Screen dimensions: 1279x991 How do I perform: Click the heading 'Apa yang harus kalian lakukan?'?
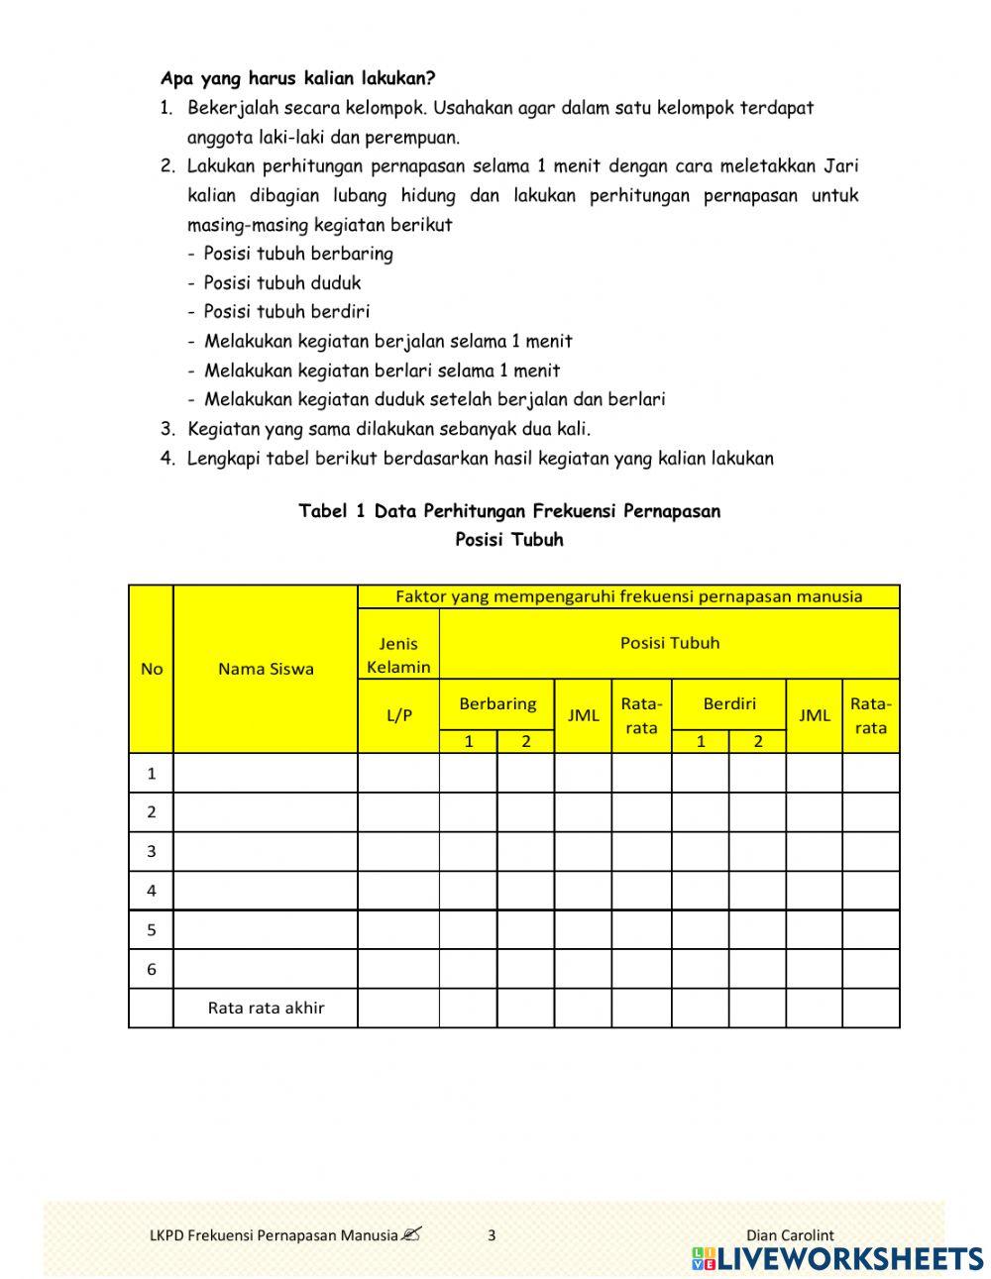[297, 77]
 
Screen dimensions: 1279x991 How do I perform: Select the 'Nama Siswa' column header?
[266, 669]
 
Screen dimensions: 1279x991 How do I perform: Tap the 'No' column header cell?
[152, 669]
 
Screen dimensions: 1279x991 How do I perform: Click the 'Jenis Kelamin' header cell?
[398, 655]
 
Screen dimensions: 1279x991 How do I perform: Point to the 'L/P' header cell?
[398, 715]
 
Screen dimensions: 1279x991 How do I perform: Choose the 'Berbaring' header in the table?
[497, 703]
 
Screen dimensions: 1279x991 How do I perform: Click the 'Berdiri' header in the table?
[729, 703]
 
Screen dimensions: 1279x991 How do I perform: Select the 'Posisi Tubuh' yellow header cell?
[670, 643]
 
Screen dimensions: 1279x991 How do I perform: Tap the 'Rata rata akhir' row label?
[266, 1008]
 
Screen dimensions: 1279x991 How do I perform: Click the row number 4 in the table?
[152, 891]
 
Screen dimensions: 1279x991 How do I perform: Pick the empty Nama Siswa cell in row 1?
[266, 773]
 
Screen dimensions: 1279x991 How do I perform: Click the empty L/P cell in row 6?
[398, 969]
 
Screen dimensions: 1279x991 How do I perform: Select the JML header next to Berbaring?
[583, 715]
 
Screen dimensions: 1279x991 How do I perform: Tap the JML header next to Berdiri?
[815, 715]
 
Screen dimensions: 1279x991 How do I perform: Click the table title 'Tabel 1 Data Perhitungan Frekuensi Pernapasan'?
[509, 511]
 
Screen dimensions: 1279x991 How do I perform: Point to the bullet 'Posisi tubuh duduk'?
[282, 282]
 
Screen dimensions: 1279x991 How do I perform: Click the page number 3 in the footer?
[492, 1234]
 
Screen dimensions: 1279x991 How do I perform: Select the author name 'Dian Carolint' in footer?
[790, 1234]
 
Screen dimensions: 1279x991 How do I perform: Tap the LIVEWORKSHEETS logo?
[837, 1258]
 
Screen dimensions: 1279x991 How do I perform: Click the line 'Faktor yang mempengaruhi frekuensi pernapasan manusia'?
[628, 596]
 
